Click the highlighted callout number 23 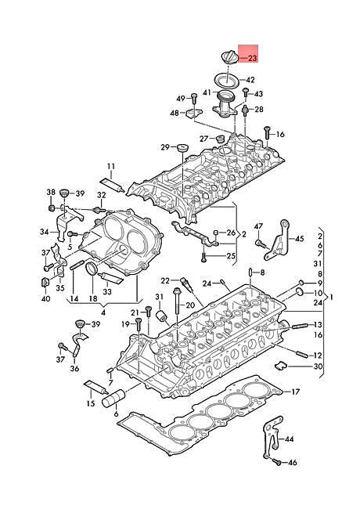252,59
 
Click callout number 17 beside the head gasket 295,392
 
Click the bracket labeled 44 270,438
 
